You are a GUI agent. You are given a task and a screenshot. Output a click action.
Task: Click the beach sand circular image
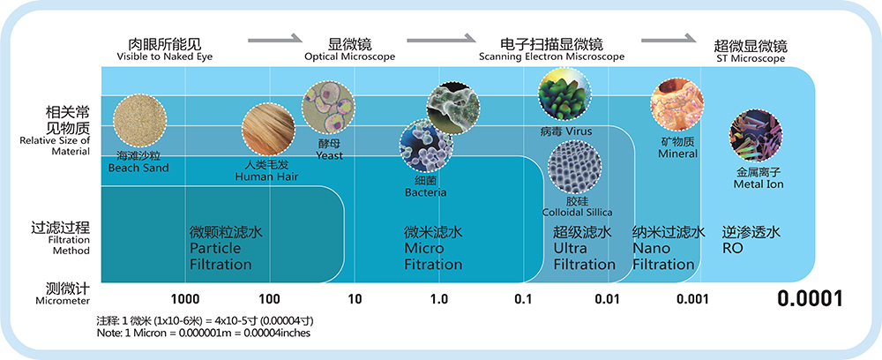138,123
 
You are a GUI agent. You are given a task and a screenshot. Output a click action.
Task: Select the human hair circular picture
266,131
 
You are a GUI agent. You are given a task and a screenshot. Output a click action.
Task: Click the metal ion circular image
756,136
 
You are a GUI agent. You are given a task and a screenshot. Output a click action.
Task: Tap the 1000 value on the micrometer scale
184,299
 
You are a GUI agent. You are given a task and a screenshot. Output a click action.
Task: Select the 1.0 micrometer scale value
438,299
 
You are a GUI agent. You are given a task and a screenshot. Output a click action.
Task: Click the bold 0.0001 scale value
810,299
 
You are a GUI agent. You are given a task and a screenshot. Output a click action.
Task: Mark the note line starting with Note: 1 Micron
203,334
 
